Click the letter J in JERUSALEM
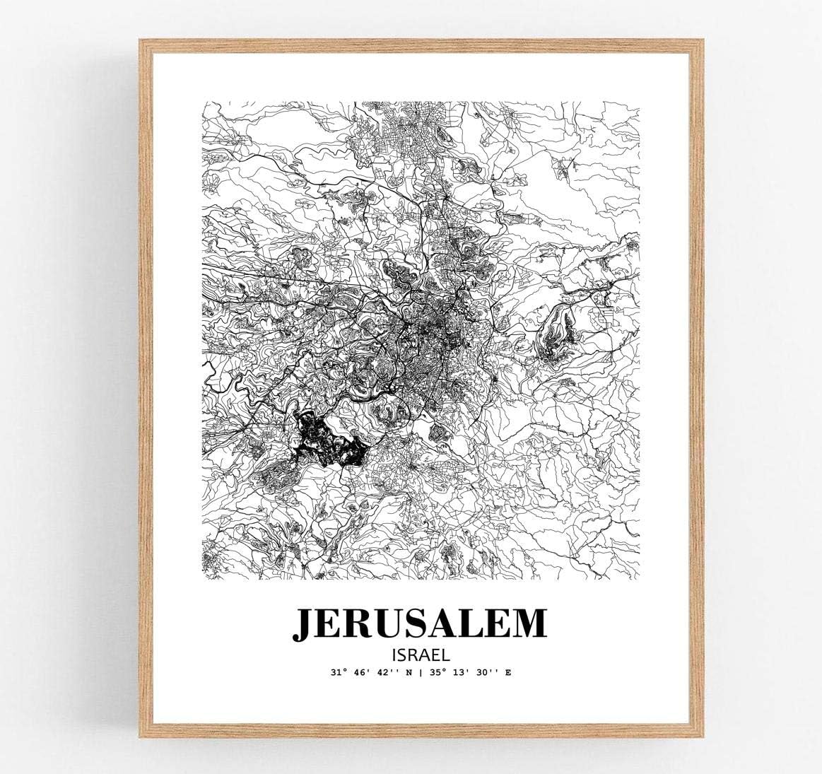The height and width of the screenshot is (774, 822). (305, 623)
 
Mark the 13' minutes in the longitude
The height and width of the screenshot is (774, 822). (459, 672)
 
